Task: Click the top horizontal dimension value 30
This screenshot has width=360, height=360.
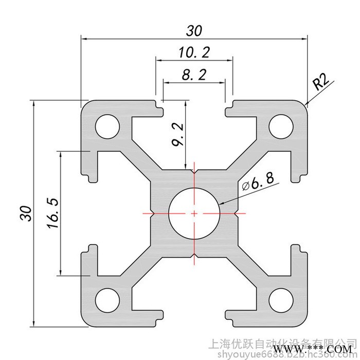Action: (x=193, y=31)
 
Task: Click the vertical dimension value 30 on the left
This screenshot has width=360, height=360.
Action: (x=26, y=213)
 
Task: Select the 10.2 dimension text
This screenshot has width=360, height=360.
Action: (x=194, y=52)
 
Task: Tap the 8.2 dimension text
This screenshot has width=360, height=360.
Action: (x=194, y=75)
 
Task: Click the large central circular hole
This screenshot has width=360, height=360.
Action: (x=194, y=212)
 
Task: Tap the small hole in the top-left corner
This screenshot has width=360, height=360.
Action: (x=107, y=125)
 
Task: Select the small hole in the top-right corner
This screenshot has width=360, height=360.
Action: (x=280, y=125)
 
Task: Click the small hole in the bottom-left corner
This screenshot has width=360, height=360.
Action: (x=107, y=298)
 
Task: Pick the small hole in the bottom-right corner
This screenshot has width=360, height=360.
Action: (x=280, y=298)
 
